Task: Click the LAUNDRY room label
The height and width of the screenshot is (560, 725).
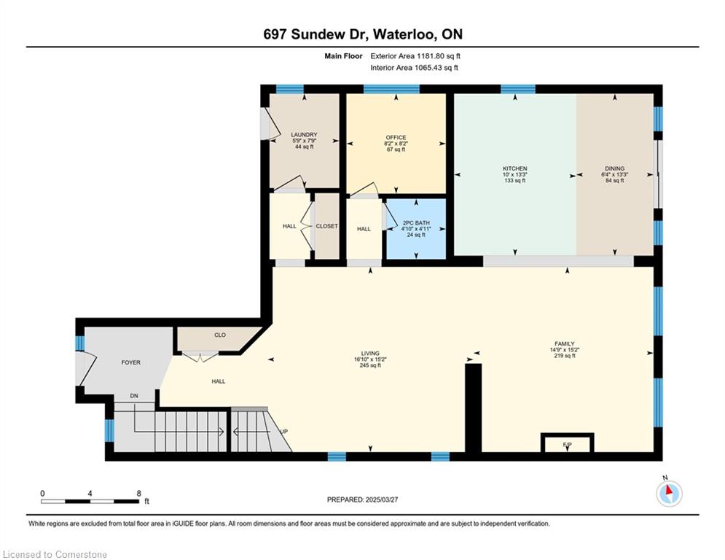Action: click(305, 135)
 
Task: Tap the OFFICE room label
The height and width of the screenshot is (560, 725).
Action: click(396, 138)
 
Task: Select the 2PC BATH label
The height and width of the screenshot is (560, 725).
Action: click(416, 223)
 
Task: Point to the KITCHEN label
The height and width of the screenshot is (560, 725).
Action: click(515, 168)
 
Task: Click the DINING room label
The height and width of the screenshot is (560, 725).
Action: click(614, 168)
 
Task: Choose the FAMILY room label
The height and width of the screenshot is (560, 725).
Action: click(565, 344)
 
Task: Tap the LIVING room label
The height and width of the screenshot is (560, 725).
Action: click(370, 353)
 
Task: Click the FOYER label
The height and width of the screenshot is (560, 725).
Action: click(131, 362)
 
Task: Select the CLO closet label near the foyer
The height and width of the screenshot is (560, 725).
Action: click(220, 335)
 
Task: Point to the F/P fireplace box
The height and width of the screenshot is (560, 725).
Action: click(568, 443)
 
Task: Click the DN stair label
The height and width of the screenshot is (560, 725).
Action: click(134, 396)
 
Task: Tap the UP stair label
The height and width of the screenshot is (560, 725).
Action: click(284, 432)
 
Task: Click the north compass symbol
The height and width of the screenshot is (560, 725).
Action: click(669, 494)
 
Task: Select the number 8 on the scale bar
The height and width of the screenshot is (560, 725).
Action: click(138, 494)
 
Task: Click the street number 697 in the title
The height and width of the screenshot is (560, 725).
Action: click(275, 34)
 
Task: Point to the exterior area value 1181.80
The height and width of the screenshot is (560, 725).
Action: click(431, 56)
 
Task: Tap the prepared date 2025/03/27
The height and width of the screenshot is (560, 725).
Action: click(382, 499)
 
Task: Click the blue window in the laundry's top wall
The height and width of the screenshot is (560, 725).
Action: click(290, 89)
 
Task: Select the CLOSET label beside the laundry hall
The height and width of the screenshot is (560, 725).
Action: click(327, 226)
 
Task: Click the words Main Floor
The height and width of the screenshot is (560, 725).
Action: click(343, 56)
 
